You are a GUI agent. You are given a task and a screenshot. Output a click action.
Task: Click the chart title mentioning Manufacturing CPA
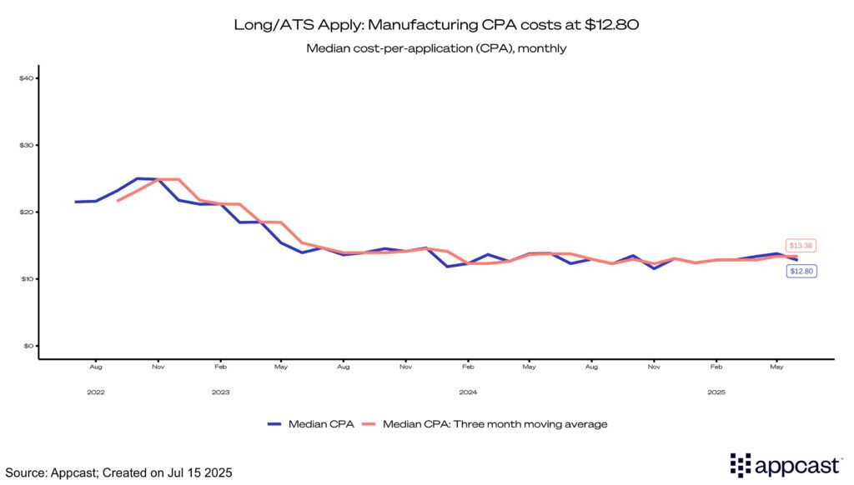(x=426, y=26)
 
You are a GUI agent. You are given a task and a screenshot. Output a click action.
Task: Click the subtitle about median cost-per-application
(x=426, y=48)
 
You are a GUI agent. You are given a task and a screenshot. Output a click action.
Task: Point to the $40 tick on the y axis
(x=25, y=78)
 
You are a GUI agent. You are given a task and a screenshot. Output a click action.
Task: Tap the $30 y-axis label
(x=25, y=145)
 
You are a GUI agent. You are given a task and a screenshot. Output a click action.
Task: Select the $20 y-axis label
(x=25, y=212)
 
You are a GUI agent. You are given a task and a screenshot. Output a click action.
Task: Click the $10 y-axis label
(x=25, y=278)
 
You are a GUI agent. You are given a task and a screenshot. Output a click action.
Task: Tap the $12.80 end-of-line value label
(x=801, y=271)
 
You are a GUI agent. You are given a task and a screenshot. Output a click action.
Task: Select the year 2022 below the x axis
(x=96, y=391)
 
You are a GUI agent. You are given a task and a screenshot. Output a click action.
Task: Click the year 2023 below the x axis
(x=220, y=391)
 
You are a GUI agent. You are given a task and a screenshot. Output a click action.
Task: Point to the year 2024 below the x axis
(x=468, y=391)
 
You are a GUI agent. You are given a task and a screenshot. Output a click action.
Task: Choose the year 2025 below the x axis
(x=716, y=391)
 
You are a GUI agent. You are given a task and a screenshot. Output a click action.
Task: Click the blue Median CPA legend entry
(x=310, y=424)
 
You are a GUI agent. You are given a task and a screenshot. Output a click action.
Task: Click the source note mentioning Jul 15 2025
(x=117, y=472)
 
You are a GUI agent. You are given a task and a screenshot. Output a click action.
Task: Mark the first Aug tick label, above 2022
(x=96, y=367)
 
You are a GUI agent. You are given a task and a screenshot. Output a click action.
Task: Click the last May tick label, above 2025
(x=777, y=367)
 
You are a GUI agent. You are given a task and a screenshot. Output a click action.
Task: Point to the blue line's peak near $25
(x=138, y=178)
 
